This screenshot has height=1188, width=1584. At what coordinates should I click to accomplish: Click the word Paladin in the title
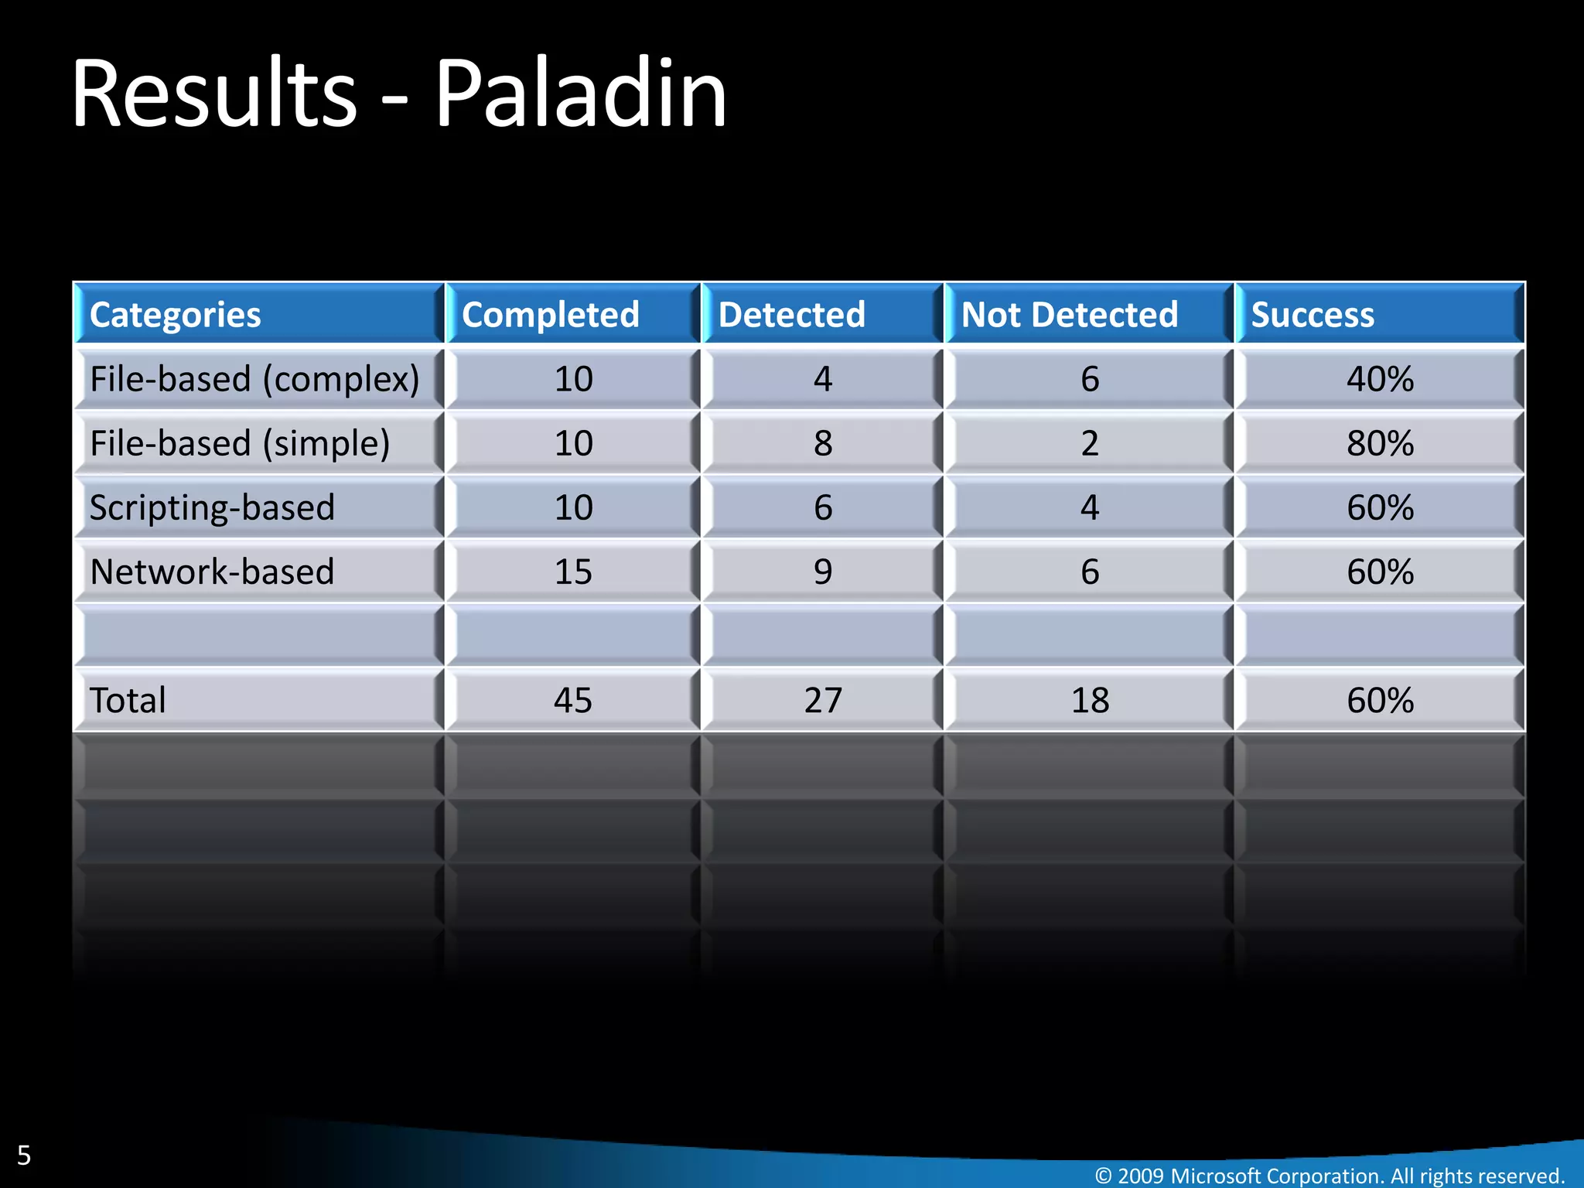580,94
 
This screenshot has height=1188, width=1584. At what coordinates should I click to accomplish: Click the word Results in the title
214,94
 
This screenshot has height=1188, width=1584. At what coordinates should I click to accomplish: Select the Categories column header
176,315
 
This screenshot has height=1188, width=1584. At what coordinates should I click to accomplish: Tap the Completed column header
551,315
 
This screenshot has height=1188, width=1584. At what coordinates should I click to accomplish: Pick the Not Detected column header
1070,315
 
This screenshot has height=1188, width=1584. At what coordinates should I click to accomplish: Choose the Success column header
1313,315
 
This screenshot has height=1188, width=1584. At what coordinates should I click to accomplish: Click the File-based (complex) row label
254,379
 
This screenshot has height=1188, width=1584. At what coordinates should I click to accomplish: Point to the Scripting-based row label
212,507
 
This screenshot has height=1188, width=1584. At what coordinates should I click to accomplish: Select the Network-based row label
212,572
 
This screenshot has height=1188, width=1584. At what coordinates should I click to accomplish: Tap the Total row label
128,701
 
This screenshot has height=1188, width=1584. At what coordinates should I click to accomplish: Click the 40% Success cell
1380,379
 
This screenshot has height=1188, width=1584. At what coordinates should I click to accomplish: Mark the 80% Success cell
1380,443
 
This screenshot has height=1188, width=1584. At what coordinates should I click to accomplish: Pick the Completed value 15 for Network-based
573,572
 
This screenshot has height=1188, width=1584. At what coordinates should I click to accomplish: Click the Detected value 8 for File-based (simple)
823,443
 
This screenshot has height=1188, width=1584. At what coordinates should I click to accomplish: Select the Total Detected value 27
823,701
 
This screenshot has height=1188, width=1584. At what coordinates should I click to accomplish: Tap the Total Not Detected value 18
1090,701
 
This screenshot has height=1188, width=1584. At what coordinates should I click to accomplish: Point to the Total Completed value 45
573,701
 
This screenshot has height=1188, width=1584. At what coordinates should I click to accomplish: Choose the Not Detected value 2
1090,443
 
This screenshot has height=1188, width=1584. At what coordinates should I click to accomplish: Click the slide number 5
24,1156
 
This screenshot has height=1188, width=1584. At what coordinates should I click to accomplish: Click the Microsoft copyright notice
1330,1176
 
